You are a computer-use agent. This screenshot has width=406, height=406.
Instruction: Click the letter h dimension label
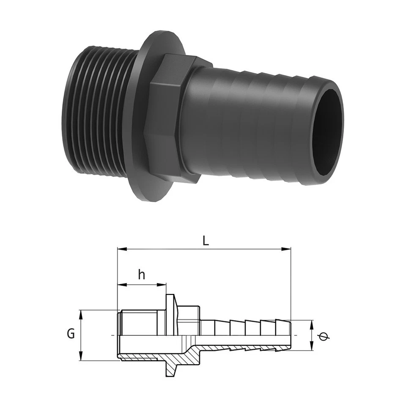coord(142,275)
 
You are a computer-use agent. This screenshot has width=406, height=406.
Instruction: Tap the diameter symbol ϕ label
coord(324,336)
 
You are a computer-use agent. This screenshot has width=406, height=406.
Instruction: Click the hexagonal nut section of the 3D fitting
coord(167,118)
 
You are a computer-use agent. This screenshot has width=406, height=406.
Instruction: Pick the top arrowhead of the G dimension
coord(81,313)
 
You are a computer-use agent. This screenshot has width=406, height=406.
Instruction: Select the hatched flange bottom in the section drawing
coord(170,368)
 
